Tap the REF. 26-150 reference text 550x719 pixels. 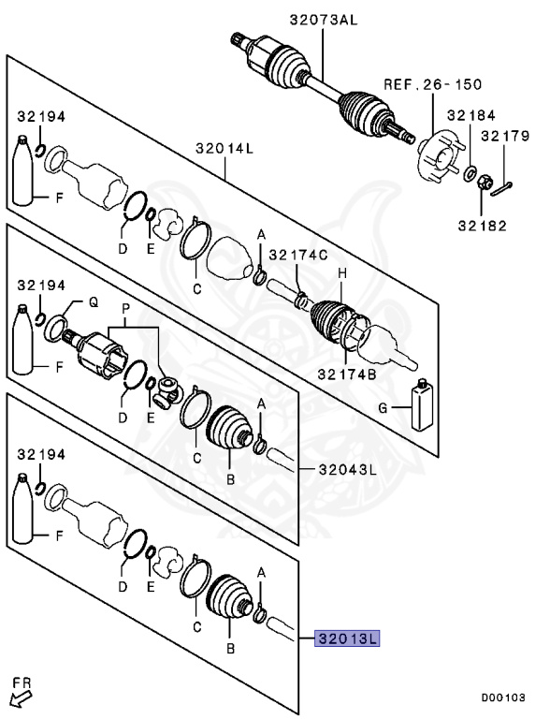pyautogui.click(x=432, y=84)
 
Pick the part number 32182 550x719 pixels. pyautogui.click(x=481, y=224)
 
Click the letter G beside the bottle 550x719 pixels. pyautogui.click(x=384, y=407)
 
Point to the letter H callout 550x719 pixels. pyautogui.click(x=342, y=272)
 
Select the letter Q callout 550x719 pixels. pyautogui.click(x=93, y=302)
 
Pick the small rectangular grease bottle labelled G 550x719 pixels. pyautogui.click(x=423, y=404)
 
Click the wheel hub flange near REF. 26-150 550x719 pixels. pyautogui.click(x=435, y=155)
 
